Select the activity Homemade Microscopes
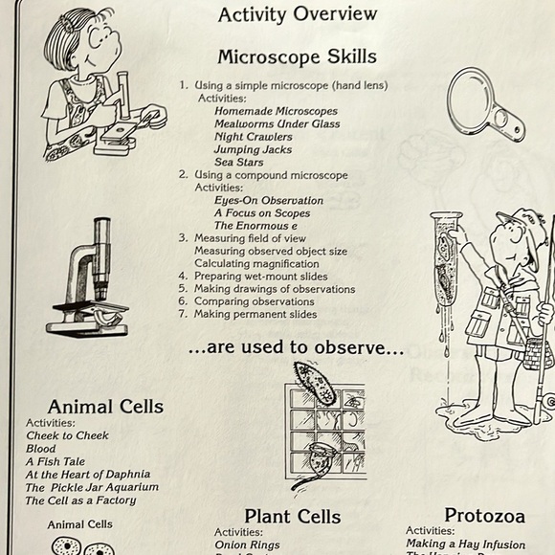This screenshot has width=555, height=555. coord(276,111)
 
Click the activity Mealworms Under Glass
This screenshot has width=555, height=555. coord(277,123)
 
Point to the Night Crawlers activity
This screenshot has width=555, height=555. coord(254,137)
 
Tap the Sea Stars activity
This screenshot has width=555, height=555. coord(238,162)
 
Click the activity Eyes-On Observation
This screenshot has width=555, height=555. coord(269,201)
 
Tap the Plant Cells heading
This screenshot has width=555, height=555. coord(292,517)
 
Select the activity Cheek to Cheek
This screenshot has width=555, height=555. coord(67,435)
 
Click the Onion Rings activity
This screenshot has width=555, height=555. coord(247,544)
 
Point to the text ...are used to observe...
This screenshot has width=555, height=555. coord(296,349)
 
